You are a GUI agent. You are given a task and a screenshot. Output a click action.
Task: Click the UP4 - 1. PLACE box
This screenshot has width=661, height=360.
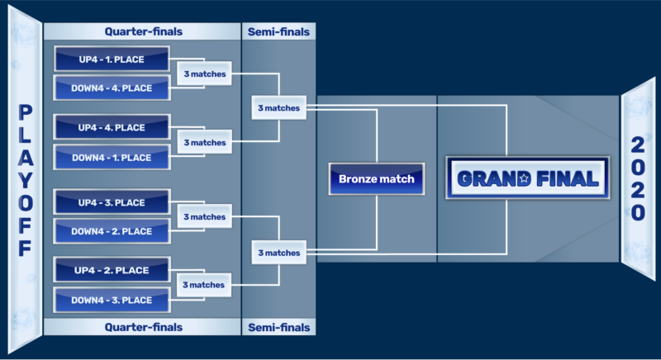[112, 59]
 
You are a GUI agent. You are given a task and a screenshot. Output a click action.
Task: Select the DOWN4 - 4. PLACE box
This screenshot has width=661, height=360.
[112, 88]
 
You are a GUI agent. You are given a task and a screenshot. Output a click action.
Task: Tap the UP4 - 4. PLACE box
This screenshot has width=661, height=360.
[112, 127]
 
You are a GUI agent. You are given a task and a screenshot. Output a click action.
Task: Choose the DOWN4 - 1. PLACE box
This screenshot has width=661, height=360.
[112, 158]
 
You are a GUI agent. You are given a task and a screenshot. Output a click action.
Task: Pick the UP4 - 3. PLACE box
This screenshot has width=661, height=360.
[112, 202]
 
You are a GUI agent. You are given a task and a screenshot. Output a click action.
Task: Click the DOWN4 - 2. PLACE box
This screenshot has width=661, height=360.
[112, 231]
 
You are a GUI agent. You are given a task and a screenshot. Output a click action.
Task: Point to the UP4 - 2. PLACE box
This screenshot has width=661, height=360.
[112, 270]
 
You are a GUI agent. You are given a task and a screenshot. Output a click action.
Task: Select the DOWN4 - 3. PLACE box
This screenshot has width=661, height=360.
[112, 301]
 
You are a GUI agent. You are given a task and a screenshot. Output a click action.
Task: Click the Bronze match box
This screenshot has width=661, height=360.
[377, 179]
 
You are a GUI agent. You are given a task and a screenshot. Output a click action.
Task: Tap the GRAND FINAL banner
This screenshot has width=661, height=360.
[528, 178]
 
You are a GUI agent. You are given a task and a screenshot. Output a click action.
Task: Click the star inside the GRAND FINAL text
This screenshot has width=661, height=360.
[524, 178]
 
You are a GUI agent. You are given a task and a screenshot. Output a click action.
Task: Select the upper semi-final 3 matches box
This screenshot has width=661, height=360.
[279, 108]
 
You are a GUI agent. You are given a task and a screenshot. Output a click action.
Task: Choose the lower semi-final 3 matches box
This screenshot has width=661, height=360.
[279, 253]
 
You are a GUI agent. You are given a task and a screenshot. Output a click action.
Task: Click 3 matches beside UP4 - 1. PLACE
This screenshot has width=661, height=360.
[204, 73]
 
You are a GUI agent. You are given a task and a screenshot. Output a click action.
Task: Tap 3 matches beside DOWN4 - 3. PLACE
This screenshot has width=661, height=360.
[204, 285]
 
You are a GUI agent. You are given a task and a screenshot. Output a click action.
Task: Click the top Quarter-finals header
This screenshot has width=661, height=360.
[142, 31]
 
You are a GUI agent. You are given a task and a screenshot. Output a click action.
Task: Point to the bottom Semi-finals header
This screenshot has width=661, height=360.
[278, 327]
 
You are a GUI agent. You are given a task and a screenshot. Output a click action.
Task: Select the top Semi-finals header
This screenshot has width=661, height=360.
[278, 31]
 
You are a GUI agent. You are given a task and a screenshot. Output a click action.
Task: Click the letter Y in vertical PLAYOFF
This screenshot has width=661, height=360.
[26, 181]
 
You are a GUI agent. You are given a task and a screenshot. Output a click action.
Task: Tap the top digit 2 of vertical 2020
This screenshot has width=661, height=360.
[637, 144]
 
